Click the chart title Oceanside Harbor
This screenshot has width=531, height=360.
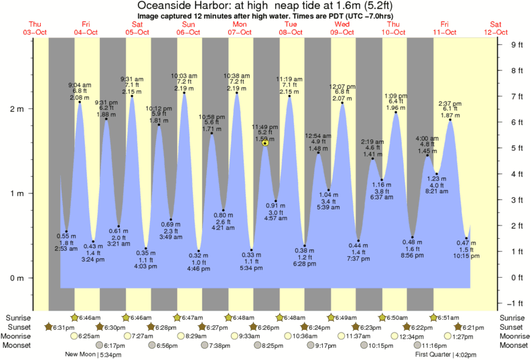[266, 5]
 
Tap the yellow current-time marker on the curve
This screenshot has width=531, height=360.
[266, 143]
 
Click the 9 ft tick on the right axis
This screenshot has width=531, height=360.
[516, 45]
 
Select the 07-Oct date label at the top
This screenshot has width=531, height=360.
[240, 31]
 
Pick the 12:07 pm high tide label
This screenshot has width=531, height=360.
[342, 86]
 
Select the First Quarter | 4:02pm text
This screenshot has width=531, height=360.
[443, 354]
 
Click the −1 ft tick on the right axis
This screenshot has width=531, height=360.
[516, 302]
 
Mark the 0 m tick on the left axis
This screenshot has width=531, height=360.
[19, 278]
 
